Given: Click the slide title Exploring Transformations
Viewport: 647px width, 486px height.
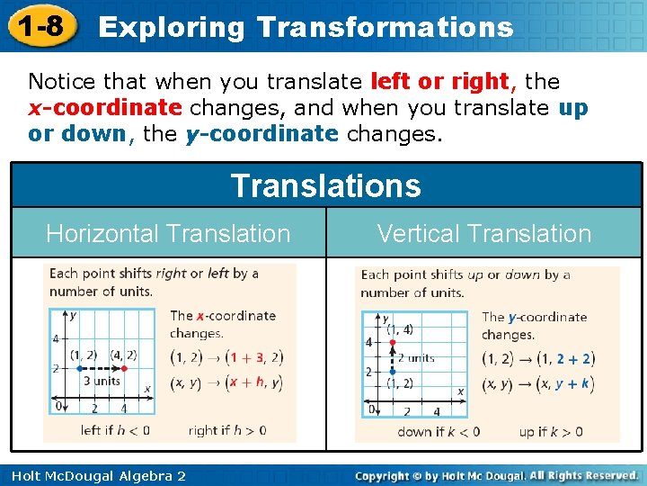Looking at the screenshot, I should coord(306,27).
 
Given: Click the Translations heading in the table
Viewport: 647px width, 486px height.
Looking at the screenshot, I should coord(325,186).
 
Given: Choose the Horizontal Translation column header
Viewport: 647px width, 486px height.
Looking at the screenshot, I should coord(168,234).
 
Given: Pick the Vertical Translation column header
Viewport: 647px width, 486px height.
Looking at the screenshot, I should coord(484,234).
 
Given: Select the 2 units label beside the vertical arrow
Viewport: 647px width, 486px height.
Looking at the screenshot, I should coord(416,357).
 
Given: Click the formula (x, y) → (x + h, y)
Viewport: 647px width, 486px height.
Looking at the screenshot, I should coord(226,382).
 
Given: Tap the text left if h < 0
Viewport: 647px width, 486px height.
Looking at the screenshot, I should coord(115,430).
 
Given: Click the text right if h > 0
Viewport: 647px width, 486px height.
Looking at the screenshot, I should coord(226,430).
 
